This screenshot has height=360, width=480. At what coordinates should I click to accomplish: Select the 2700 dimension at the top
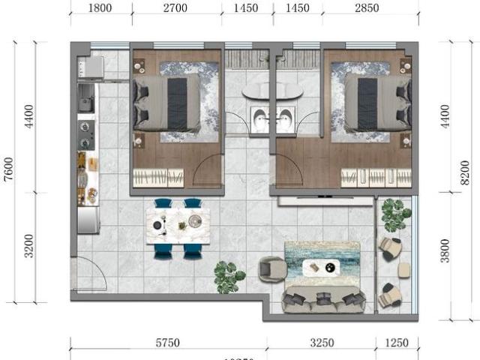176,9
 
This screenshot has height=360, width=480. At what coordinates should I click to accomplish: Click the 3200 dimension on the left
29,246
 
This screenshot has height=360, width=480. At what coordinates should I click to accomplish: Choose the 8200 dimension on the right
466,171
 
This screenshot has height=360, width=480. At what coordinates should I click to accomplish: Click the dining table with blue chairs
178,227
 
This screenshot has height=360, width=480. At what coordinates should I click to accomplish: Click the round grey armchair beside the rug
271,269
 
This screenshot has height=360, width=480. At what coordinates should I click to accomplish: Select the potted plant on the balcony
392,214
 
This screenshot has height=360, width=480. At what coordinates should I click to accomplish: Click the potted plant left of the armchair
227,276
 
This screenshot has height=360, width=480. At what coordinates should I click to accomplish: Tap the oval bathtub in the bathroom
272,92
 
